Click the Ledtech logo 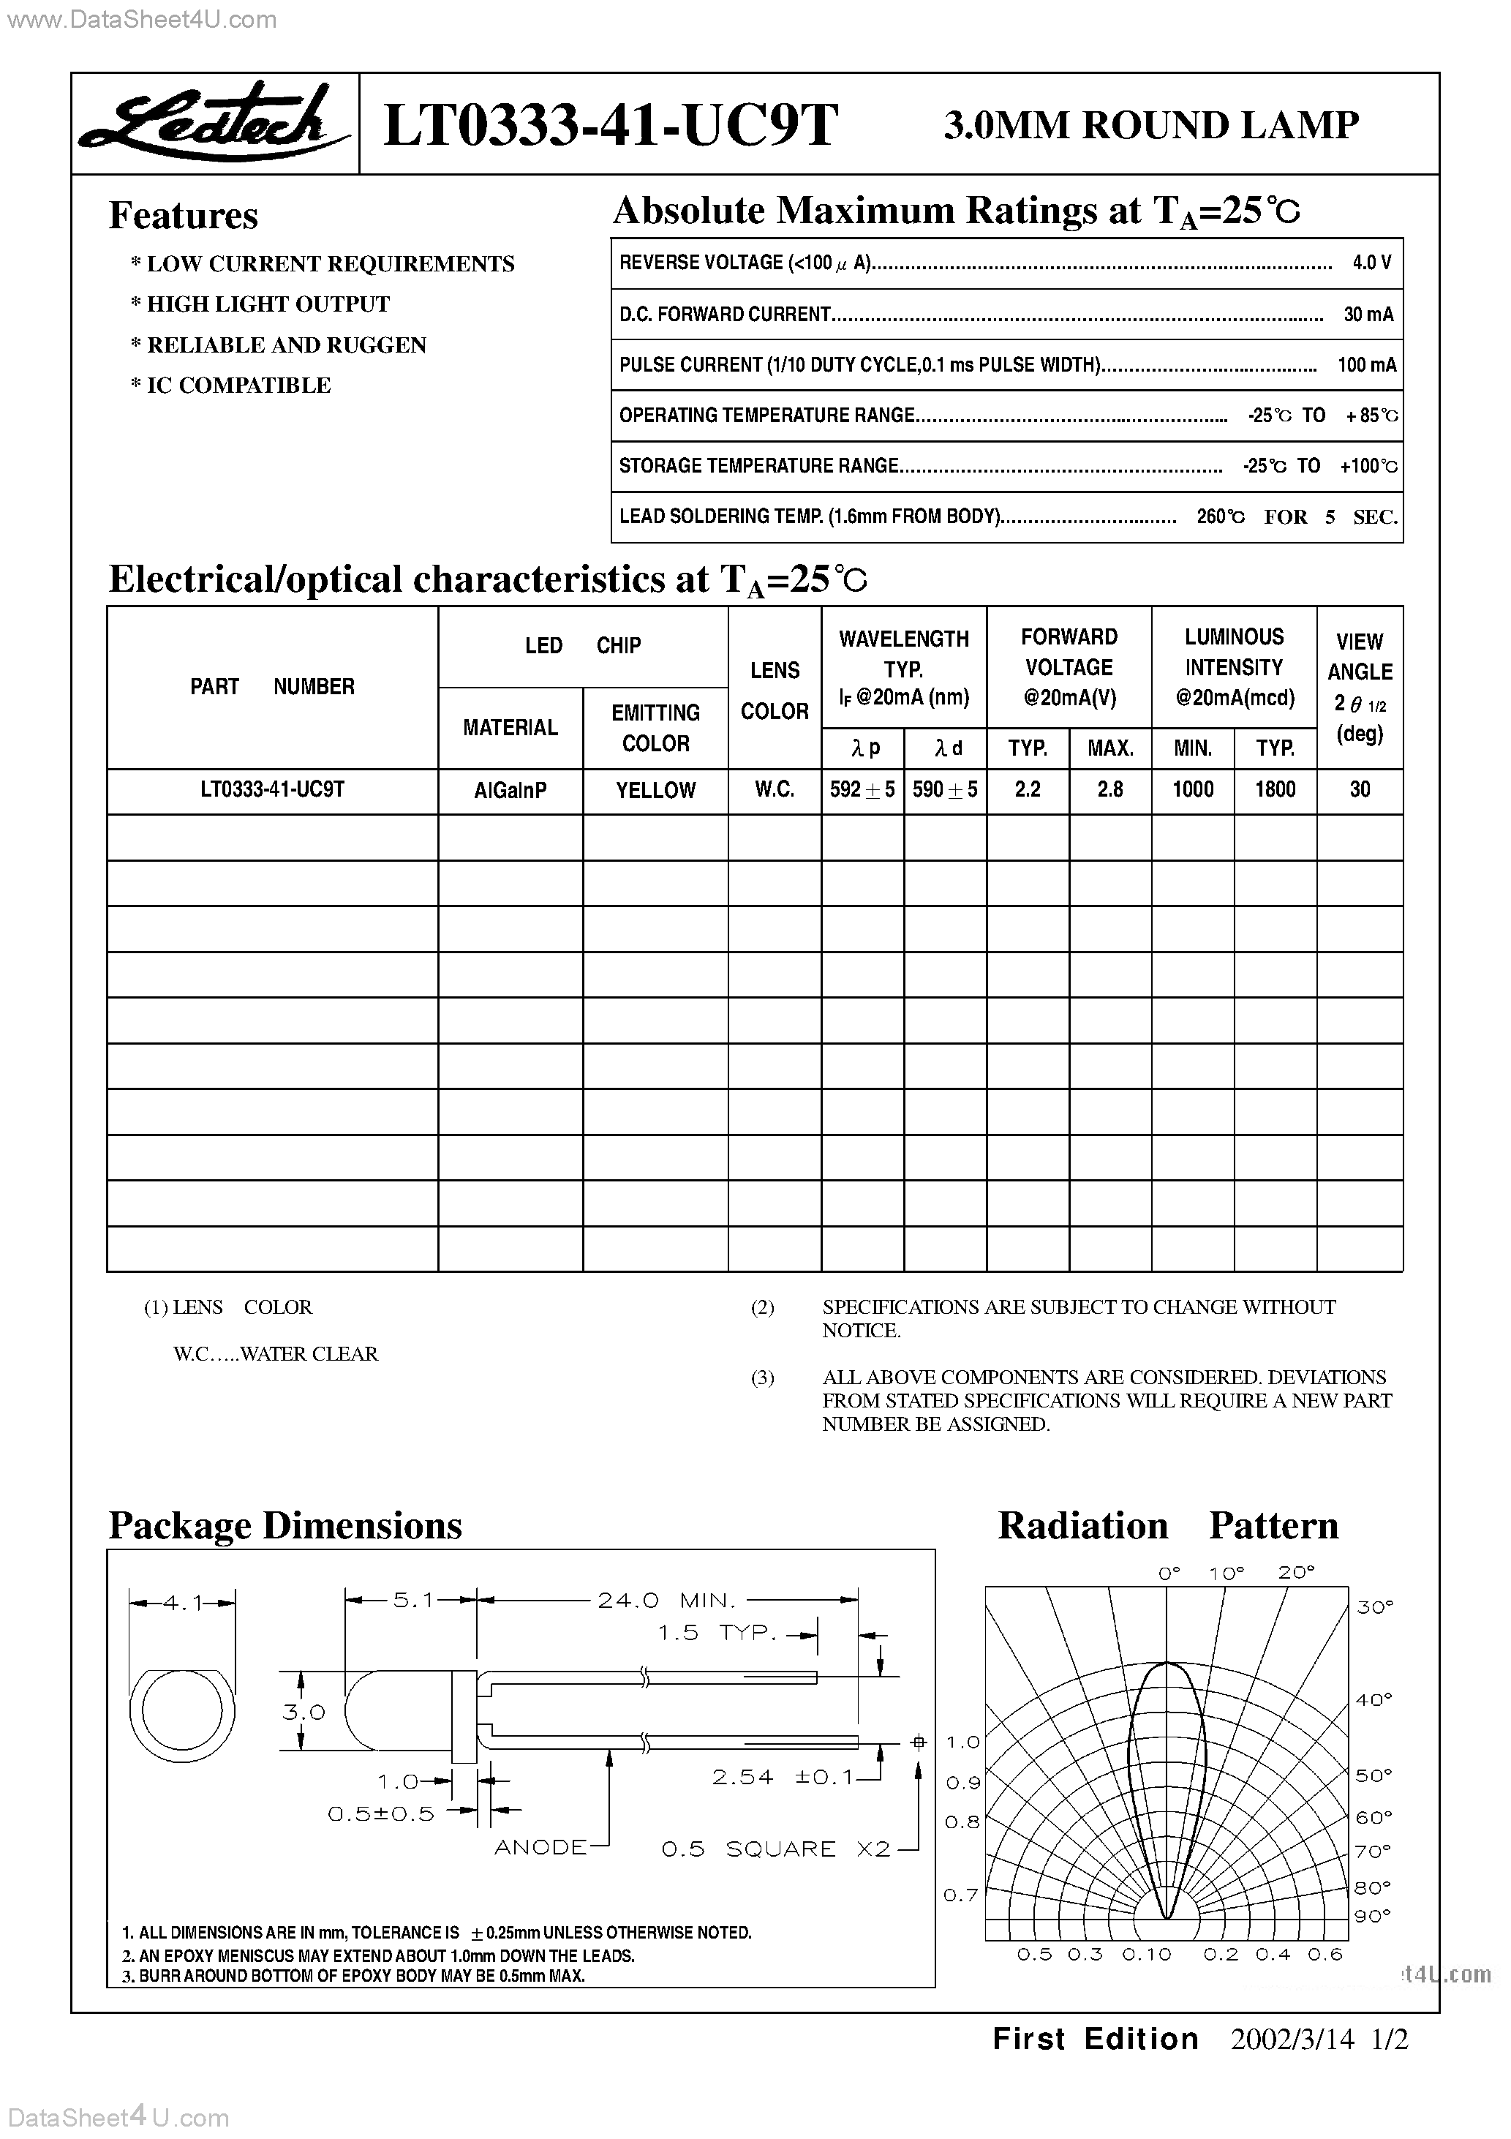click(x=214, y=123)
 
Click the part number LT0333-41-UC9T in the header click(x=610, y=125)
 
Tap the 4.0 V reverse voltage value click(x=1371, y=263)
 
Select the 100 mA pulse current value click(x=1365, y=365)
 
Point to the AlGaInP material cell click(x=510, y=790)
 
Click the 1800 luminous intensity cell click(x=1274, y=789)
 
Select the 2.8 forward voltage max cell click(x=1109, y=789)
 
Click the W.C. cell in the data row click(x=774, y=789)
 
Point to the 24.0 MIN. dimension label click(x=666, y=1601)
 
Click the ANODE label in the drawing click(x=540, y=1847)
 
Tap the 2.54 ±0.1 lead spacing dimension click(x=783, y=1778)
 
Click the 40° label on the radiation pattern click(x=1373, y=1700)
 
